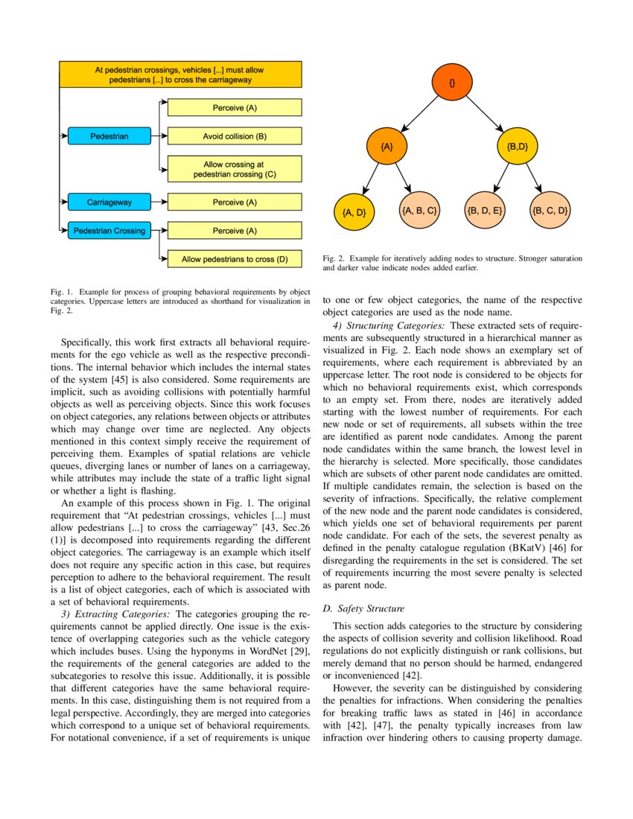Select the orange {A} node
387,147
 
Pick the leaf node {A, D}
354,212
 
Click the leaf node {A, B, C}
419,211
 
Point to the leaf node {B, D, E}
484,211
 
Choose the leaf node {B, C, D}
550,211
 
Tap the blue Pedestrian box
109,136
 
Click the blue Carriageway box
109,202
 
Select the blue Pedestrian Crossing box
109,230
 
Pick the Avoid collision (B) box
235,136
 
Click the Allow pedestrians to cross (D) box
235,259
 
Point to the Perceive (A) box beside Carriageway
235,202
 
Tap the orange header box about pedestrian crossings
179,74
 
